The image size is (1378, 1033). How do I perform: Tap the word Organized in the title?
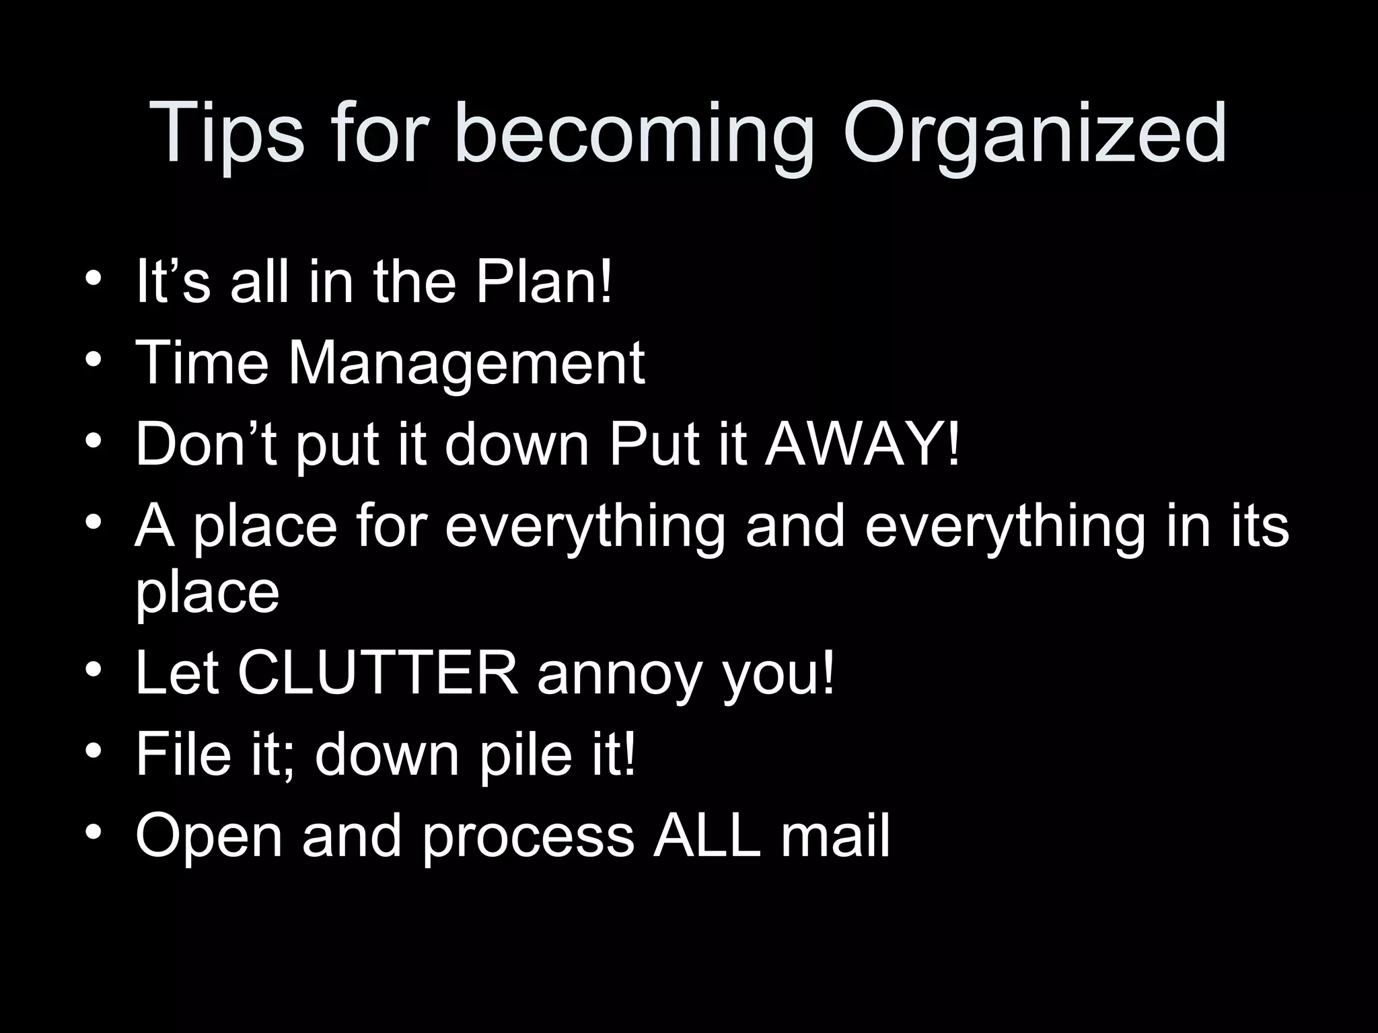1034,135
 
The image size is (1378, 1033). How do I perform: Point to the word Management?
466,364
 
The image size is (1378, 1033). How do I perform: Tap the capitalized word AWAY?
863,444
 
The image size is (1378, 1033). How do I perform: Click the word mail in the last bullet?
835,836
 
